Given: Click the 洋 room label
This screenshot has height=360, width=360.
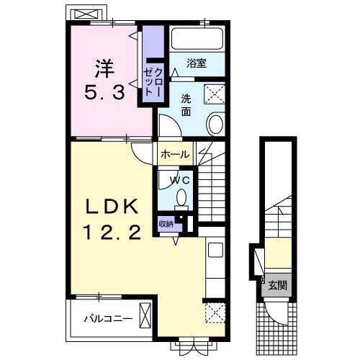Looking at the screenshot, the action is point(104,68).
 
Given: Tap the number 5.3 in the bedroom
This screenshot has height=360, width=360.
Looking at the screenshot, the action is point(104,93).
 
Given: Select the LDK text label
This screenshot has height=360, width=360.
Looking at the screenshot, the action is point(112,207).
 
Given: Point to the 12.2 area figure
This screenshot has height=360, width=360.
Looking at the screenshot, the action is point(112,233).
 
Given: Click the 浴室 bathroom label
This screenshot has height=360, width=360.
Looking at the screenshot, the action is point(197,63).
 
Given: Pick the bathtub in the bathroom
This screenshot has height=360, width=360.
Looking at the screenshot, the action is point(197,39).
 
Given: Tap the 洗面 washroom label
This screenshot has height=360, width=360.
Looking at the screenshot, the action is point(186,105).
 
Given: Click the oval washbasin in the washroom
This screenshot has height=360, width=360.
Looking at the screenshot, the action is point(216,124).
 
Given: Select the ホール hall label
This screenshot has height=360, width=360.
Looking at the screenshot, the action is point(175,154).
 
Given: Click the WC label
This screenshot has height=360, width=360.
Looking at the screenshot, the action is point(180,180).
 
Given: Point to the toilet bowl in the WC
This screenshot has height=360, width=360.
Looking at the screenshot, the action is point(181,197).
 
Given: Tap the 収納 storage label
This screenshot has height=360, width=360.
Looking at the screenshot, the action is point(166,224).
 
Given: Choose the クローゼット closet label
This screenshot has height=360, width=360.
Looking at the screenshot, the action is point(153,81).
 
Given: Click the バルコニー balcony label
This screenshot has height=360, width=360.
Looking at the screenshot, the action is point(108,319).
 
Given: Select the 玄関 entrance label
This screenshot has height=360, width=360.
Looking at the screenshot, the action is point(278,286).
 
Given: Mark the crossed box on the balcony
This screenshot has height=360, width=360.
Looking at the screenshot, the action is point(145,315).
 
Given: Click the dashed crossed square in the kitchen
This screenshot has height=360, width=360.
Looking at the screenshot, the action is point(215,312).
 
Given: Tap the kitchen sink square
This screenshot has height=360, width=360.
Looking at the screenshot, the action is point(215,250).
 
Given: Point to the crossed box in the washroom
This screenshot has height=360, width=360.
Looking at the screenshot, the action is point(215,94).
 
